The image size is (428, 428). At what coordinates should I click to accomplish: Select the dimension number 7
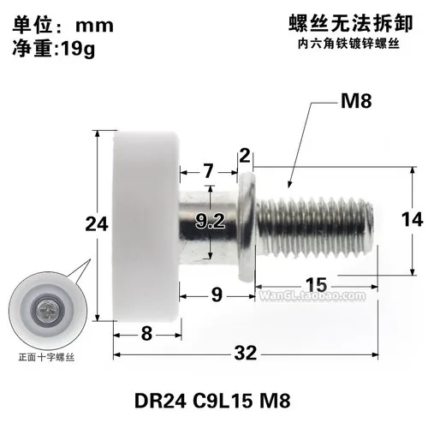209,171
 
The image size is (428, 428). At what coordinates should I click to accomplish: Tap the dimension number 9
217,295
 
